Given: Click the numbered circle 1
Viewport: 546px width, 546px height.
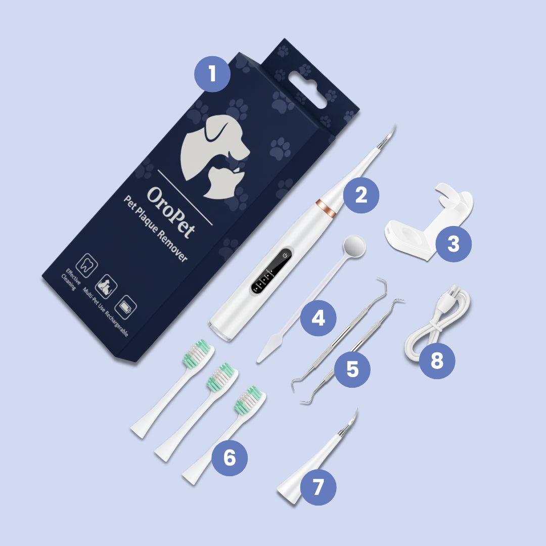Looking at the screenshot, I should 212,74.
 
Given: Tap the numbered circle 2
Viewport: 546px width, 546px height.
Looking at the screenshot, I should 361,195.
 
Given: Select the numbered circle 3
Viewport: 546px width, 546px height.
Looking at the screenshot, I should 453,244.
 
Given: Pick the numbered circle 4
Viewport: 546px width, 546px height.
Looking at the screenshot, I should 318,318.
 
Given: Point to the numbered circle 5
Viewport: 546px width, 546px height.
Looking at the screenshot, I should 352,370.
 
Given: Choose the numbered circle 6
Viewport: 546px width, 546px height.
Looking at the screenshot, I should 230,458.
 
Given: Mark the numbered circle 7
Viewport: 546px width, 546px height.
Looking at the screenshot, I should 318,487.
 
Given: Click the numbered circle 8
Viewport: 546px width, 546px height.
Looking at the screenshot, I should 437,361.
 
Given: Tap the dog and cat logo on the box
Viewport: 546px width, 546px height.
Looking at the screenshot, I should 215,152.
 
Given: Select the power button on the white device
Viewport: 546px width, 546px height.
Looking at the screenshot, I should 286,255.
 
